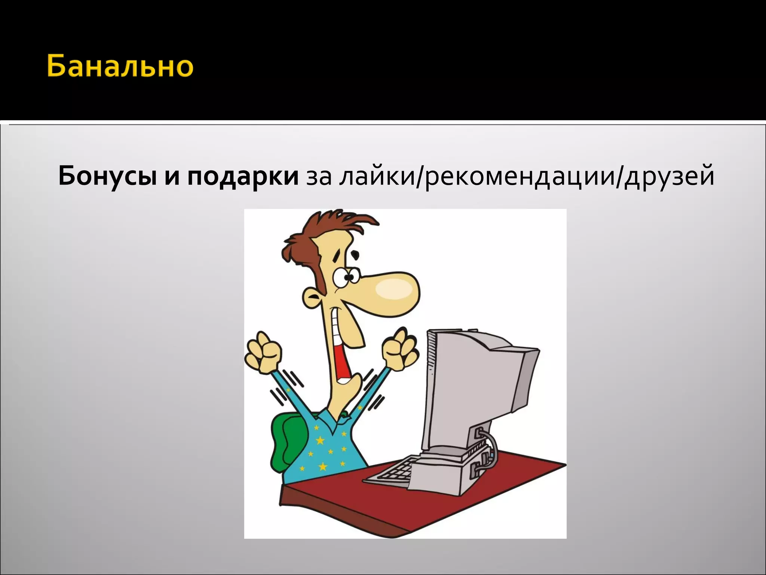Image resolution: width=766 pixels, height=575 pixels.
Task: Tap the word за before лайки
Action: click(319, 177)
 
